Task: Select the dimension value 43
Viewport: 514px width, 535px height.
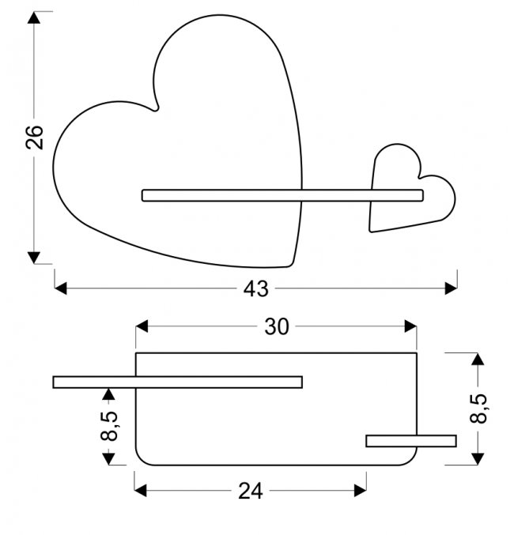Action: [x=255, y=289]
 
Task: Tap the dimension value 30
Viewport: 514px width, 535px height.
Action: [x=276, y=326]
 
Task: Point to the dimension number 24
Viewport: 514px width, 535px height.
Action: [x=250, y=492]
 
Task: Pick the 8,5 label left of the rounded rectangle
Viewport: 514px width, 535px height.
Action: [x=109, y=427]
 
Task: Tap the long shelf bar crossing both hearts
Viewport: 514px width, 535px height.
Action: [x=282, y=195]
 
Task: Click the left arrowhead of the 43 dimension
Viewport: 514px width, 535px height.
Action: [x=60, y=288]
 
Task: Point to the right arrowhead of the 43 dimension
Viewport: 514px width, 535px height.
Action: [x=452, y=288]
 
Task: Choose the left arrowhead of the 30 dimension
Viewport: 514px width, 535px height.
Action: [x=142, y=326]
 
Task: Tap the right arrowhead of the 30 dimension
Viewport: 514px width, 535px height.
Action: [x=410, y=326]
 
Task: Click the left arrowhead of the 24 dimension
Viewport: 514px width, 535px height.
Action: [x=141, y=491]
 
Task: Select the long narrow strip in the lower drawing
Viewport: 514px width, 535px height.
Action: [x=177, y=382]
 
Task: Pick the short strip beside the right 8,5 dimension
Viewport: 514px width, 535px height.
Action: [x=410, y=441]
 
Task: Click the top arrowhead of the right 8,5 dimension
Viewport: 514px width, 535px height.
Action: [x=477, y=360]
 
